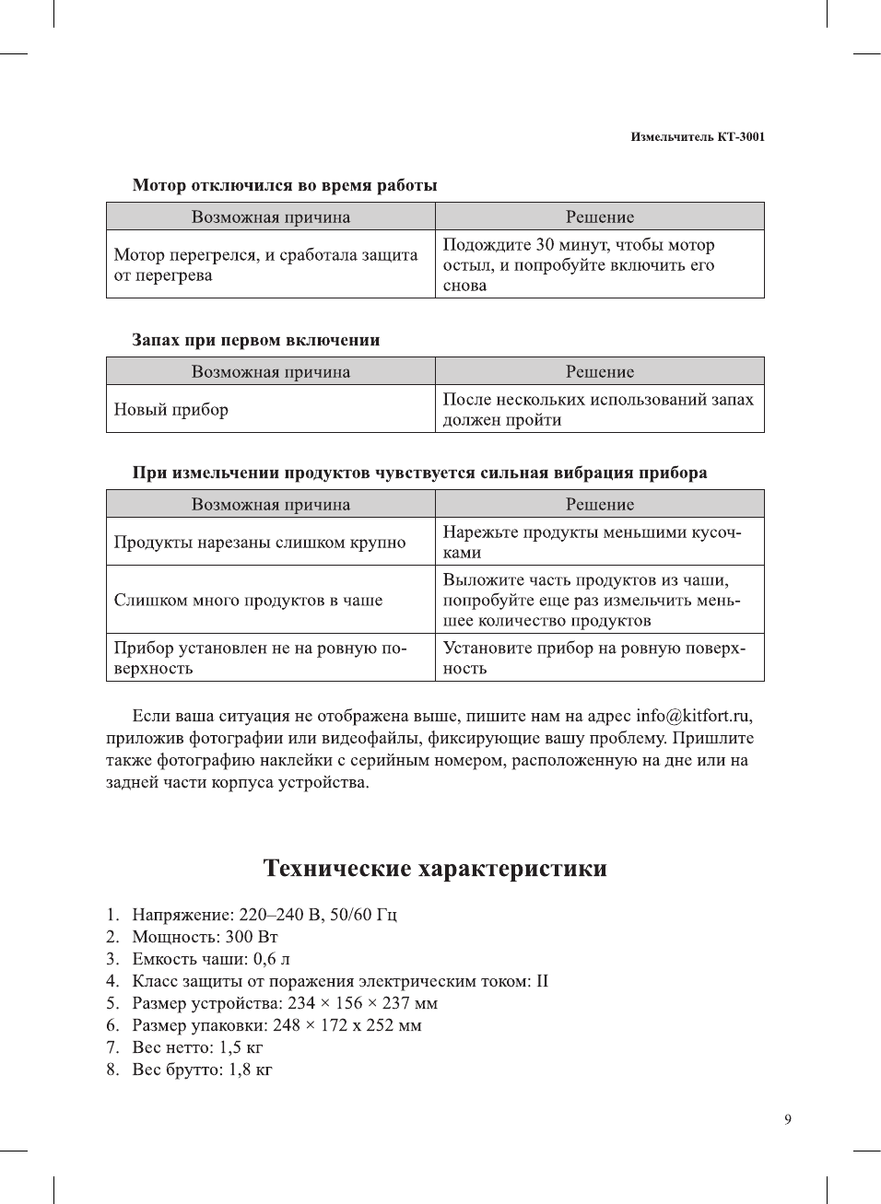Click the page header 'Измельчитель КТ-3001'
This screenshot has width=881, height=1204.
[x=698, y=136]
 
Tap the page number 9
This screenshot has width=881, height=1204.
[x=787, y=1119]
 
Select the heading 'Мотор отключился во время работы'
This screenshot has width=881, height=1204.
[x=285, y=185]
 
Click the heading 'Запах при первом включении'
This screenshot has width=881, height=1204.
[x=256, y=340]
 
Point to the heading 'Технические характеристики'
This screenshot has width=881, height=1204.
[x=435, y=869]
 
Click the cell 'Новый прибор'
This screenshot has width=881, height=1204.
[x=171, y=410]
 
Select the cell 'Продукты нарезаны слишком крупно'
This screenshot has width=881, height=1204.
[x=260, y=542]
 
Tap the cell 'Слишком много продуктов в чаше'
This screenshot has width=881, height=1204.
[x=248, y=600]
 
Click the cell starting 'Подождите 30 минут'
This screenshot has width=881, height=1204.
[x=579, y=264]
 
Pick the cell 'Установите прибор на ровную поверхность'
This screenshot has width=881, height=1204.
[x=594, y=658]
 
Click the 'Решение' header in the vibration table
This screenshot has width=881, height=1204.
[x=600, y=505]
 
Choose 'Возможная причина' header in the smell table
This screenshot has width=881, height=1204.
[x=271, y=372]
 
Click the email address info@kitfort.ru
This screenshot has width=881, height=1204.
[x=693, y=716]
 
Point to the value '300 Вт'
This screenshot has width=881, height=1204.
[x=252, y=937]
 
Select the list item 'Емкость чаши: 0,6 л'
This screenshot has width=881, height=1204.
[x=211, y=959]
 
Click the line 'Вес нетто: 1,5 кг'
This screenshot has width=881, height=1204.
[x=197, y=1047]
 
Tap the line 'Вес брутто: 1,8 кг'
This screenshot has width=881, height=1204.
[x=202, y=1070]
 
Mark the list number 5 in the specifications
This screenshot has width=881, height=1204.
[x=112, y=1003]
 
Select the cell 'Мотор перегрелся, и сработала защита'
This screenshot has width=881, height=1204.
[x=265, y=264]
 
